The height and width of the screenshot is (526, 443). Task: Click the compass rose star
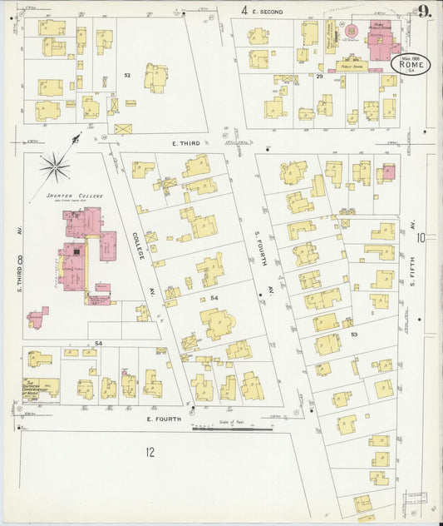(x=56, y=167)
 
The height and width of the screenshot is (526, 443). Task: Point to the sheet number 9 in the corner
(x=425, y=12)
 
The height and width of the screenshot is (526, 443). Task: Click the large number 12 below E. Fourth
(x=150, y=453)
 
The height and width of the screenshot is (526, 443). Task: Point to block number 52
(x=127, y=76)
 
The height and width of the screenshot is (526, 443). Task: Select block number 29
(x=319, y=76)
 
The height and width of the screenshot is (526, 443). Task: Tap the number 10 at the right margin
(x=421, y=238)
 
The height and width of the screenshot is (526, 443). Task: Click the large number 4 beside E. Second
(x=244, y=11)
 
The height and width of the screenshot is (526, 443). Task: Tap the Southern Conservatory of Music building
(x=40, y=388)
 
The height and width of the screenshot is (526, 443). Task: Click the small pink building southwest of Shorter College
(x=37, y=317)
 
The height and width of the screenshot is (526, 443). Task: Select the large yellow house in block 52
(x=155, y=77)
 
